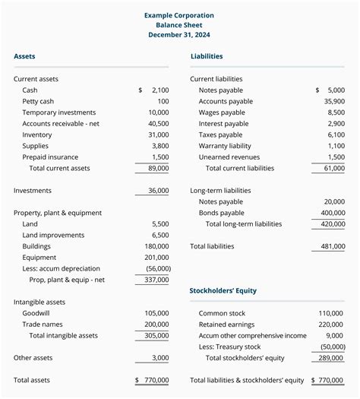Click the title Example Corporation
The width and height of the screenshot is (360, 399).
[179, 15]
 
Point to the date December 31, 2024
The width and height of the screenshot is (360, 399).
[179, 35]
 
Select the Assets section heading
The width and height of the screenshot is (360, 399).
[24, 56]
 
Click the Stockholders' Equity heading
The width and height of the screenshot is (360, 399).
[223, 290]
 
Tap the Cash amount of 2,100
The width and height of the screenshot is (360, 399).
[159, 90]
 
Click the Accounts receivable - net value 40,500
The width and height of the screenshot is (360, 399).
[158, 123]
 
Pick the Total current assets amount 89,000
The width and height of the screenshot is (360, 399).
[158, 168]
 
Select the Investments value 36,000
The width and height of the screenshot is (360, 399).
[158, 191]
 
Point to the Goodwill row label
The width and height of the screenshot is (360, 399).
[38, 313]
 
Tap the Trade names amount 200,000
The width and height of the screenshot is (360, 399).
[156, 325]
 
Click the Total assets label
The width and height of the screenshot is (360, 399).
[33, 380]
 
